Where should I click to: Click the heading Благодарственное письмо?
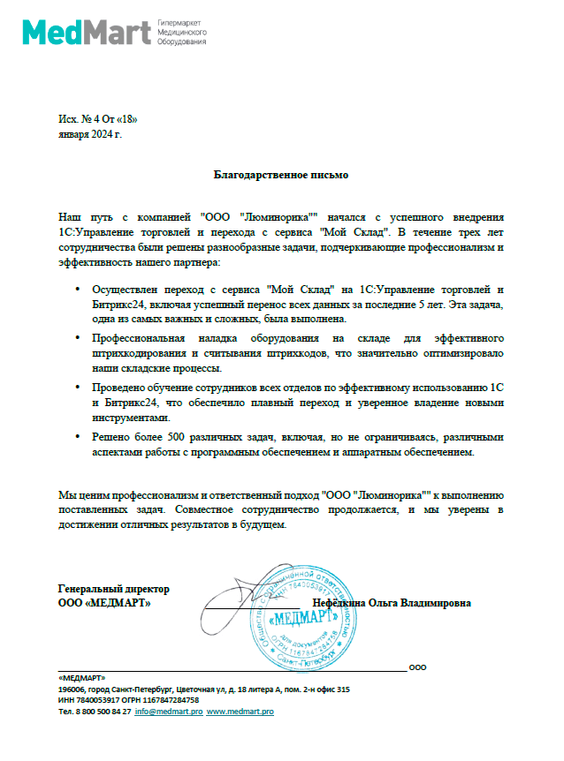coord(282,175)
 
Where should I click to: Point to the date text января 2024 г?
coord(89,134)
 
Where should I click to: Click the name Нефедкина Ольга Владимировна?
coord(398,603)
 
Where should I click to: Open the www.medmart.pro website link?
coord(240,711)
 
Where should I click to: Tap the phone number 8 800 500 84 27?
coord(102,711)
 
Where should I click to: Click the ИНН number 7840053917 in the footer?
coord(96,700)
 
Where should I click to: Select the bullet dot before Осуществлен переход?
coord(78,290)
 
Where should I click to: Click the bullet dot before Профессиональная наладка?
coord(78,339)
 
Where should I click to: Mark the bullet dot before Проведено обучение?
coord(78,388)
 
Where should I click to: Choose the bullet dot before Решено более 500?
coord(78,437)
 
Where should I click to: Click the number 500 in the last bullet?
coord(170,437)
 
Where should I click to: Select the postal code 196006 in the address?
coord(72,689)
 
